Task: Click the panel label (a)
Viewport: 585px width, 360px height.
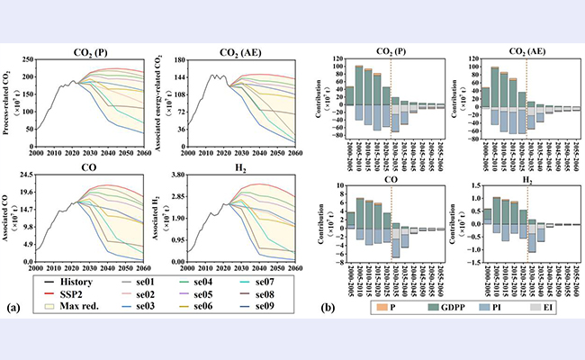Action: tap(14, 307)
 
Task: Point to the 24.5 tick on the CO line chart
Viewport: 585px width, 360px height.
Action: tap(23, 174)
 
